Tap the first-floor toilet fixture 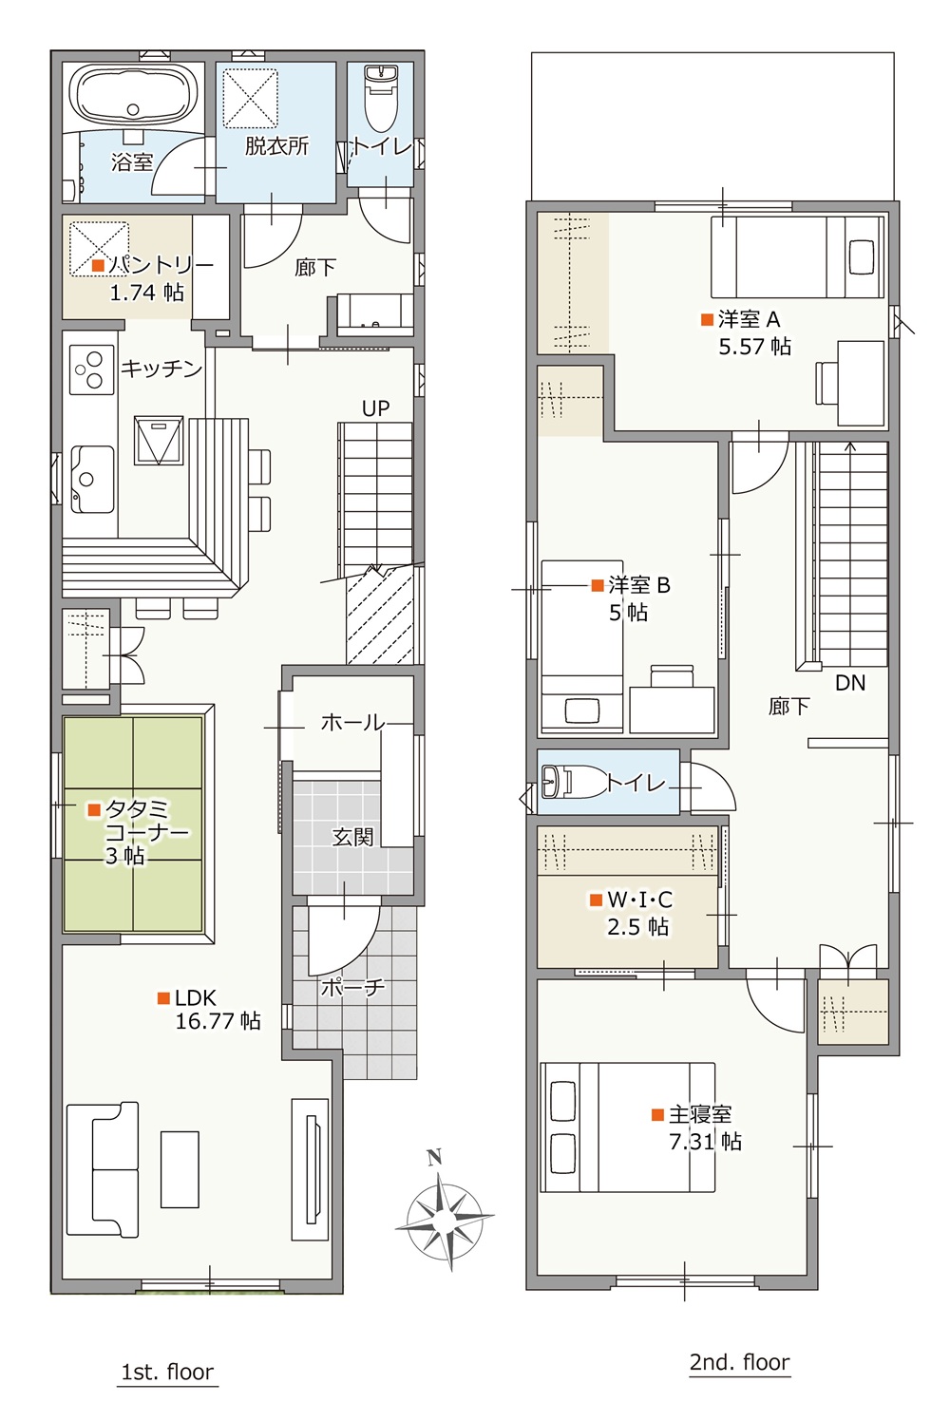[381, 99]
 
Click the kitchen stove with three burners [91, 369]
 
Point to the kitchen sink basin [93, 479]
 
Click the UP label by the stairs [375, 408]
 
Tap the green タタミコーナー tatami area [133, 824]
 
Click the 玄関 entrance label [352, 838]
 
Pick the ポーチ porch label [352, 987]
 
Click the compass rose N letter [435, 1158]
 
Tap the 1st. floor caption [167, 1373]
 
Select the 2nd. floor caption [740, 1362]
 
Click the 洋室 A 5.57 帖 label [747, 332]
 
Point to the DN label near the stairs [850, 683]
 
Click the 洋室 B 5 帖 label [631, 598]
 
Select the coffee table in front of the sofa [180, 1169]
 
